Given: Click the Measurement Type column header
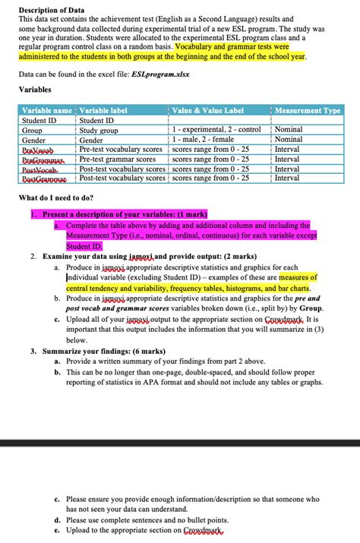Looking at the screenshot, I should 308,111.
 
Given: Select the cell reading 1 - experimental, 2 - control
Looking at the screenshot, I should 217,131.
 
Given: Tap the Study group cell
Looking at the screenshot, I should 99,131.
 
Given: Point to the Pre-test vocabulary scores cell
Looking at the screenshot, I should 122,150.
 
